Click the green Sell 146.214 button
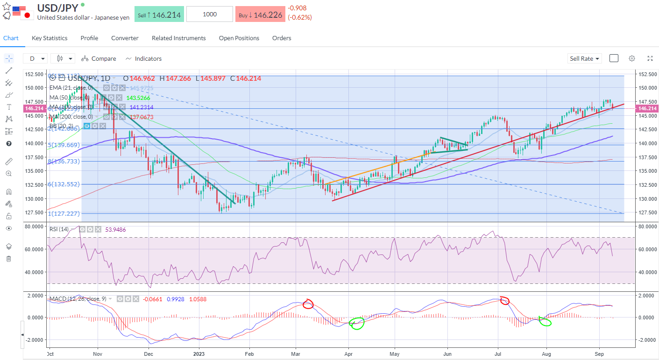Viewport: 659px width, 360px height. point(159,14)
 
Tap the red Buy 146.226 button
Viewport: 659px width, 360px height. point(260,14)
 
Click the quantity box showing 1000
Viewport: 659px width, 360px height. point(210,14)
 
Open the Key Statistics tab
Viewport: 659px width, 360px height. point(50,38)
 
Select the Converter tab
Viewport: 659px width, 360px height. point(125,38)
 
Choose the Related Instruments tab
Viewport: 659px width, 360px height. point(178,38)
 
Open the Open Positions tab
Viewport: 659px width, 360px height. point(239,38)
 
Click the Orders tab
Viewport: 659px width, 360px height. point(282,38)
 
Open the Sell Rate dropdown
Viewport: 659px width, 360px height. point(585,59)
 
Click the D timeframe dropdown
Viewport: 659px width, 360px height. point(37,59)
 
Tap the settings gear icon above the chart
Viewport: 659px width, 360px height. point(632,59)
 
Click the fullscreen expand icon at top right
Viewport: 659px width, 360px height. point(650,59)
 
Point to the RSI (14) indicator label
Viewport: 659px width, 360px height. point(59,229)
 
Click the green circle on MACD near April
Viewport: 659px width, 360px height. point(357,323)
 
